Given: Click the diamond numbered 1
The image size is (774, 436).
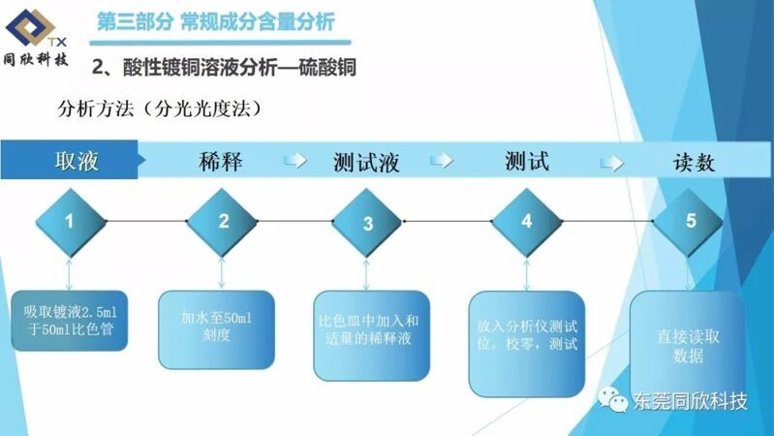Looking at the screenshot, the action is coord(71,222).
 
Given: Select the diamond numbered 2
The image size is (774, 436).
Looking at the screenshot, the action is coord(222,222).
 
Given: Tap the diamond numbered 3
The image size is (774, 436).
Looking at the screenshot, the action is coord(367,222).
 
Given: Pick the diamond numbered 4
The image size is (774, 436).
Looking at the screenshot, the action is coord(527,222).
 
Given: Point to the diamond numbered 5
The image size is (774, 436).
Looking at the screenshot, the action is coord(689,222).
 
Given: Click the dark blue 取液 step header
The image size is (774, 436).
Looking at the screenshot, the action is coord(72,160).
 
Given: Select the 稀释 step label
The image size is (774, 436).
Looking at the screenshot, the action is coord(221,162).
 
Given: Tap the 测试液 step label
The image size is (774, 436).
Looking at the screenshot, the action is coord(366,162).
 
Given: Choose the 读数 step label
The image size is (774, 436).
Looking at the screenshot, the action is coord(694,162).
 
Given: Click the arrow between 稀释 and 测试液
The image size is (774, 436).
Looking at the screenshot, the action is coord(295,161).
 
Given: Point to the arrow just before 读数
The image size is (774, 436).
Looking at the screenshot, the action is coord(611,163).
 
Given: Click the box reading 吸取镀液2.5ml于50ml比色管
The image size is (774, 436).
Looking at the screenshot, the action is coord(70,321).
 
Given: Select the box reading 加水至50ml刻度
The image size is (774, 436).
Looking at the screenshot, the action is coord(216,329).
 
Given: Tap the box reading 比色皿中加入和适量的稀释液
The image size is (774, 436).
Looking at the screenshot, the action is coord(372,336).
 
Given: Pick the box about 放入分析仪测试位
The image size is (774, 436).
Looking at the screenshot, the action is coord(527,344).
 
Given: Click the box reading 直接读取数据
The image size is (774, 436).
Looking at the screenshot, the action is coord(688,346).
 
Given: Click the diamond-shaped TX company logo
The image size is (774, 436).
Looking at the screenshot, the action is coord(31,27).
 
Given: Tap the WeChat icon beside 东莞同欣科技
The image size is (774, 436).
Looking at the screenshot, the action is coord(613,399).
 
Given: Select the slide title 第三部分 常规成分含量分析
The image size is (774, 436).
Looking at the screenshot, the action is coord(216,22).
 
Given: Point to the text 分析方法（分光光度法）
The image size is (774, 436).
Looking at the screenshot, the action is coord(159,109).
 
